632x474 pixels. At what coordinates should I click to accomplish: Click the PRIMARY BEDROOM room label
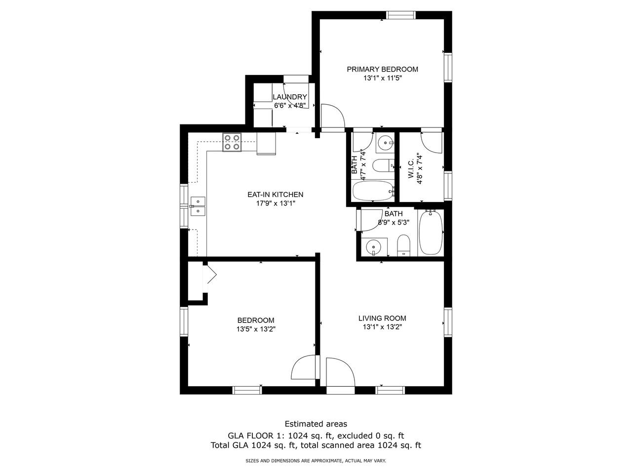(x=382, y=69)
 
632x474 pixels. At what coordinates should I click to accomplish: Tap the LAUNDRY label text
(x=290, y=97)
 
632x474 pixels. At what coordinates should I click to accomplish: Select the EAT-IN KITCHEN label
(x=275, y=195)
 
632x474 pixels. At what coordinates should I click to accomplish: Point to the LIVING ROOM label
(x=382, y=318)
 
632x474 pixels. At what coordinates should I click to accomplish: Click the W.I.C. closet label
(x=411, y=169)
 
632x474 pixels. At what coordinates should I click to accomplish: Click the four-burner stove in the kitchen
(x=232, y=142)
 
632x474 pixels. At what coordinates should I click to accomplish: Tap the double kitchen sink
(x=198, y=206)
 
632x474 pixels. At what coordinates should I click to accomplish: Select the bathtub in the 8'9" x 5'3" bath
(x=431, y=233)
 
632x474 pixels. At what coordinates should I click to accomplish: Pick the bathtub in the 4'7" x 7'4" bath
(x=373, y=191)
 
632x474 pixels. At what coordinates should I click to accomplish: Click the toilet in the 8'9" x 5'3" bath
(x=403, y=245)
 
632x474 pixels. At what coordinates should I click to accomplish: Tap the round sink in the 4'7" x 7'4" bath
(x=385, y=142)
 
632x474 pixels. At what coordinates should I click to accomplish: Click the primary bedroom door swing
(x=333, y=116)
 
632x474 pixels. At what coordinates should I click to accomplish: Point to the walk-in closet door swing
(x=432, y=143)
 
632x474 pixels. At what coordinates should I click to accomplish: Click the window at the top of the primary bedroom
(x=401, y=15)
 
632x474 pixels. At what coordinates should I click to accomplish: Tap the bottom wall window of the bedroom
(x=247, y=390)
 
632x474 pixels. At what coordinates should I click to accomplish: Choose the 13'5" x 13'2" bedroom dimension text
(x=256, y=329)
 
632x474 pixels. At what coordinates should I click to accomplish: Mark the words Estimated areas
(x=316, y=424)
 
